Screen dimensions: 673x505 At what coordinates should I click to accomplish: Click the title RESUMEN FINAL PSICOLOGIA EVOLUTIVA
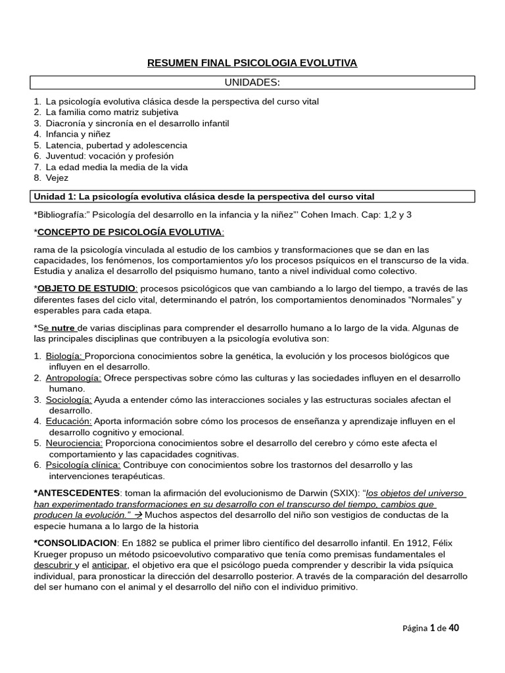click(252, 63)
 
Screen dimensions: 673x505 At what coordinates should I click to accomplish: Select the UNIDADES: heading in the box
click(252, 82)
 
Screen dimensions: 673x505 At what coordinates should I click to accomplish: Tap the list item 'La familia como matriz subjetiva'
click(112, 112)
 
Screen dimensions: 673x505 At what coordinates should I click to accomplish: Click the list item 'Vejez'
click(57, 177)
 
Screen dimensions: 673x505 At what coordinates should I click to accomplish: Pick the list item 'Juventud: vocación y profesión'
click(110, 156)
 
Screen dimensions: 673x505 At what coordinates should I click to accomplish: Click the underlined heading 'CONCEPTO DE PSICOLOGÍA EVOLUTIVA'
click(130, 232)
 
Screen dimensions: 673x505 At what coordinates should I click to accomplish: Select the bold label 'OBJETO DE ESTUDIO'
click(87, 288)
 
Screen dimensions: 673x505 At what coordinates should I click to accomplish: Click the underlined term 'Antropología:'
click(73, 378)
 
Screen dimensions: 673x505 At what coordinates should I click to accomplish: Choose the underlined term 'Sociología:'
click(68, 400)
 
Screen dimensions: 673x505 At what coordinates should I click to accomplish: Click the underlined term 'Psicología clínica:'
click(83, 465)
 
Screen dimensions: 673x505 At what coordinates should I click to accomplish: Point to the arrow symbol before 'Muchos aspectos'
click(139, 515)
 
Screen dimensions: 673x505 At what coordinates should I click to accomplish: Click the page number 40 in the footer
click(453, 628)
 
